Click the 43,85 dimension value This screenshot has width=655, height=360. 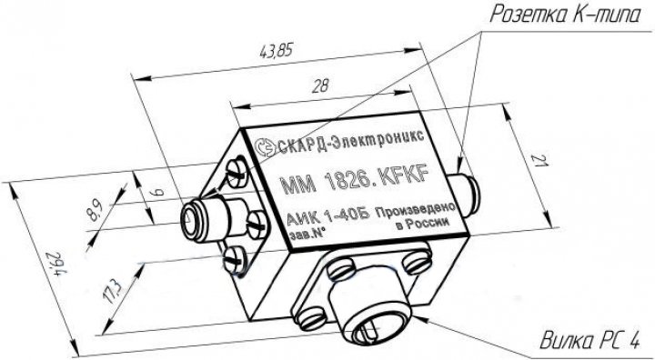277,51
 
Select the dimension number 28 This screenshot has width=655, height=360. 320,85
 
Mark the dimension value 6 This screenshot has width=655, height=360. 157,192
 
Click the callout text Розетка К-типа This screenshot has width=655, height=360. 564,15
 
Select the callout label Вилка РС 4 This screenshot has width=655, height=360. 589,341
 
